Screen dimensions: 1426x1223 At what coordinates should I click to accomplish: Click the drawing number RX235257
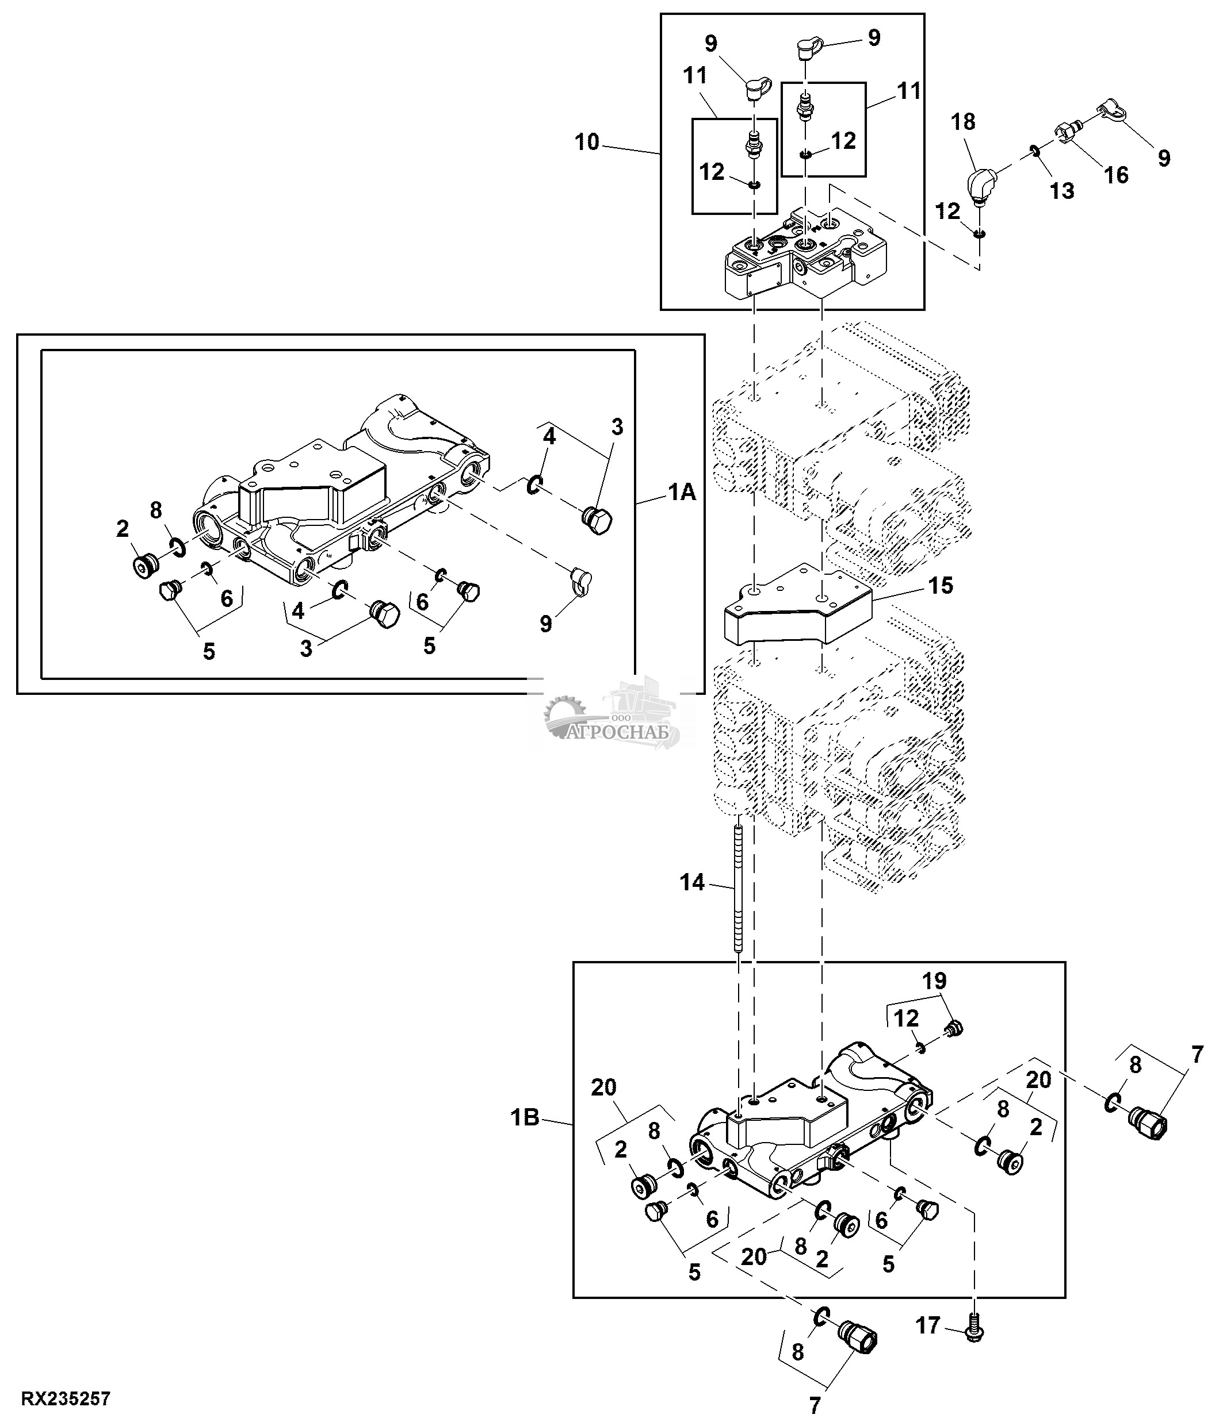pyautogui.click(x=66, y=1399)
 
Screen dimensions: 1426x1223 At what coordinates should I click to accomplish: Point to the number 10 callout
pyautogui.click(x=587, y=144)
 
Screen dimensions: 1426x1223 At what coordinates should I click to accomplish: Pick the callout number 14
pyautogui.click(x=693, y=882)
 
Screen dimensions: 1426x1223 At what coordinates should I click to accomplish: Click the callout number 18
pyautogui.click(x=963, y=122)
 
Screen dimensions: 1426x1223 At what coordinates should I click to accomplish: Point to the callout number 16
pyautogui.click(x=1115, y=175)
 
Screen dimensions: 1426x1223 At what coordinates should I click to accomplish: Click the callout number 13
pyautogui.click(x=1062, y=191)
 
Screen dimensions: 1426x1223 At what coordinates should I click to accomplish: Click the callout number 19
pyautogui.click(x=934, y=981)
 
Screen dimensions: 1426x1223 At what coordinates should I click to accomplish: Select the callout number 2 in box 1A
pyautogui.click(x=123, y=529)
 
